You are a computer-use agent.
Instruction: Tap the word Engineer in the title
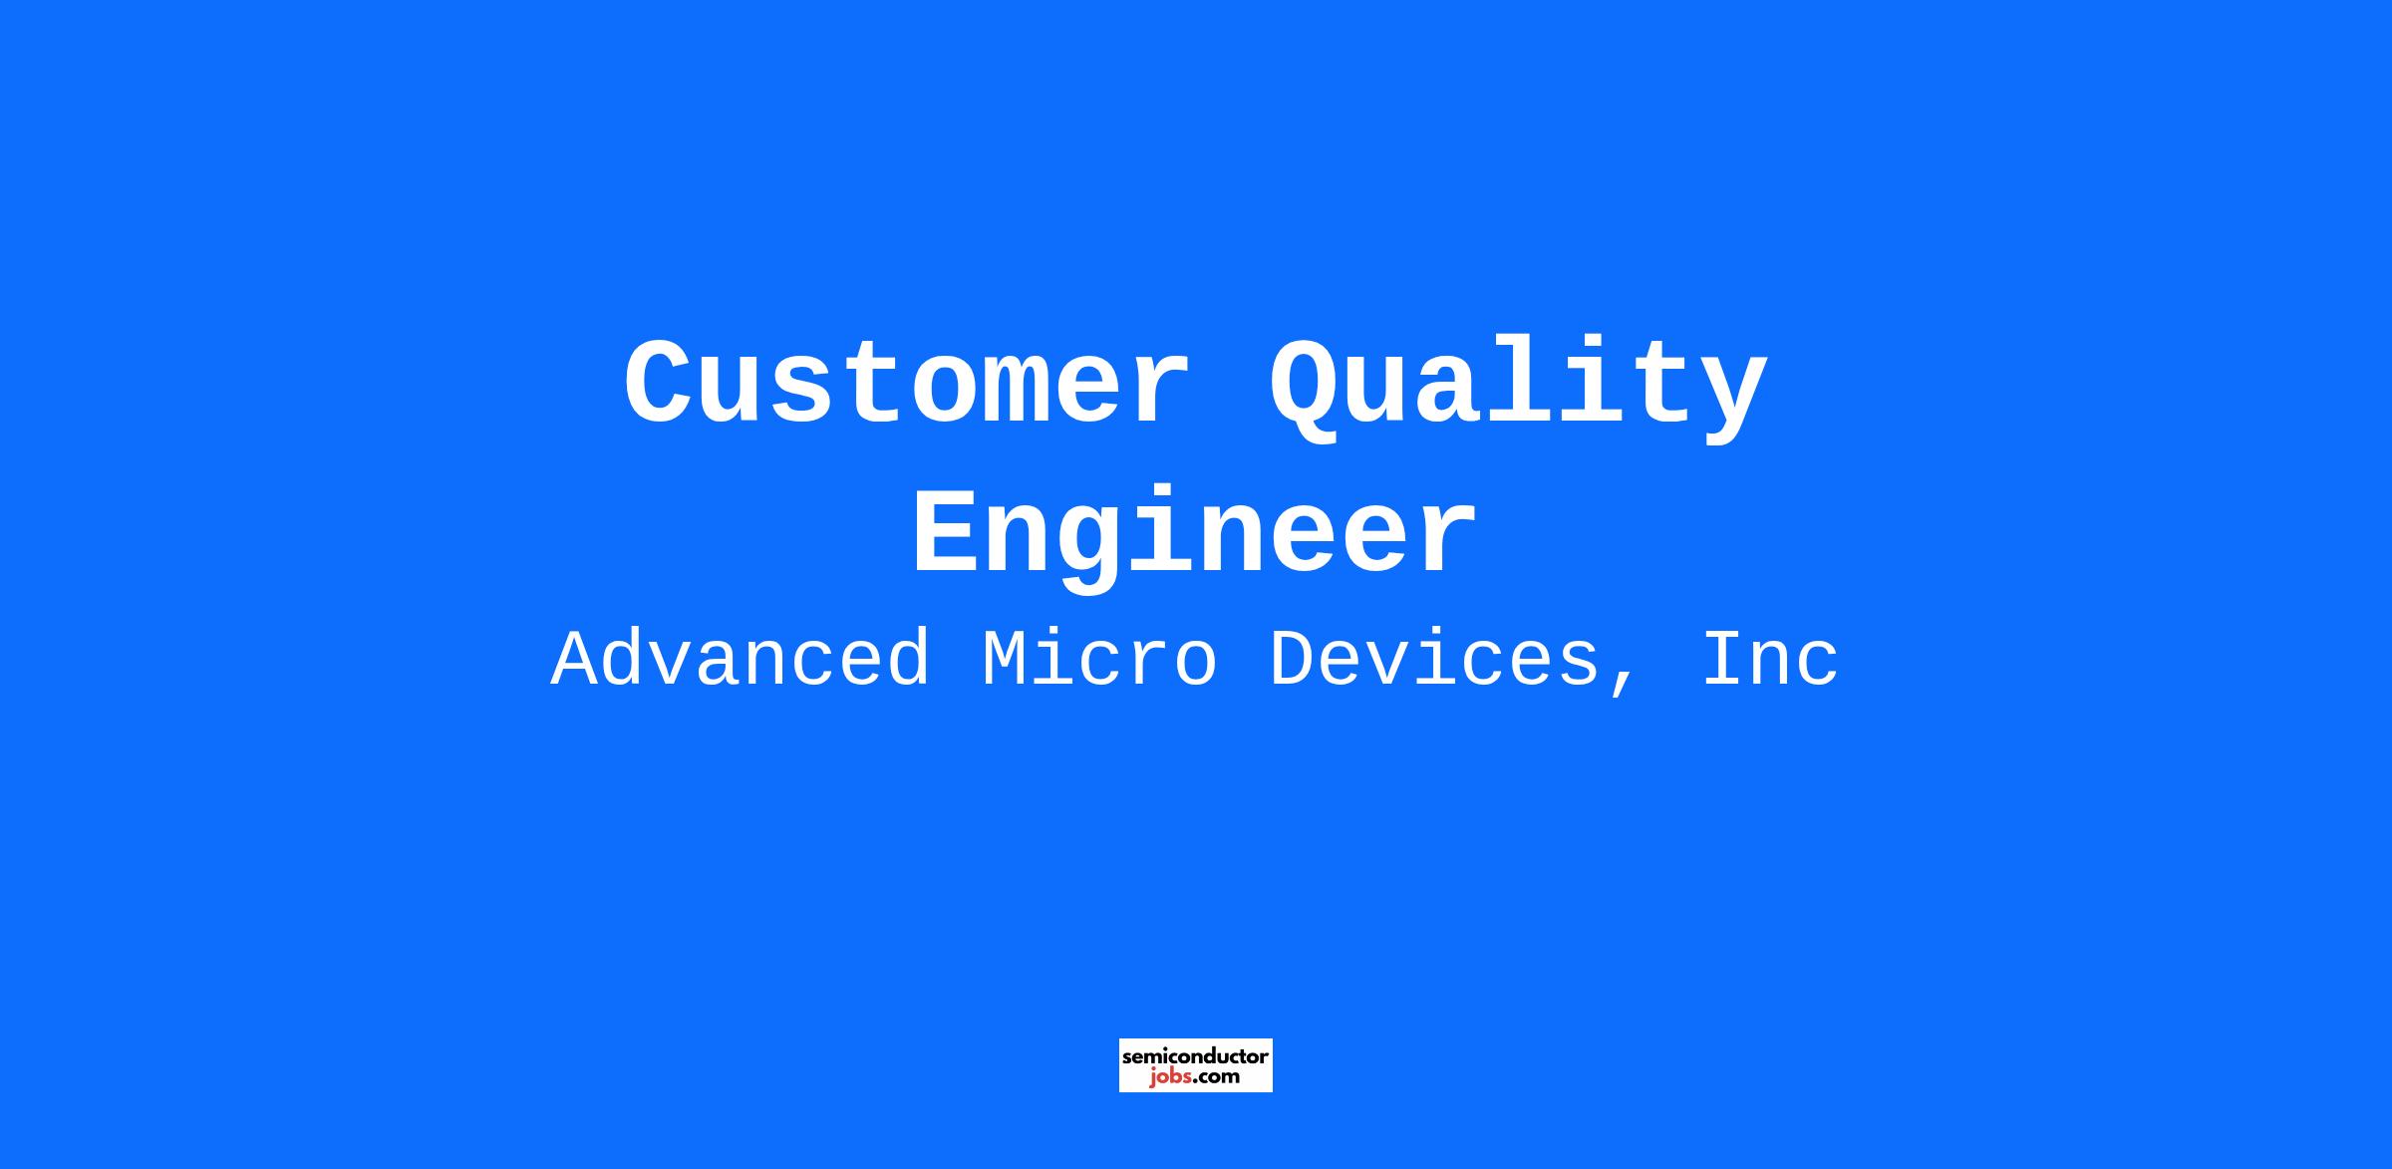point(1195,538)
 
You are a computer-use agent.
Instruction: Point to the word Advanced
point(741,659)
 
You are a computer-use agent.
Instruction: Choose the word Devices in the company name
point(1434,659)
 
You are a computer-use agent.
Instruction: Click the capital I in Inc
point(1727,659)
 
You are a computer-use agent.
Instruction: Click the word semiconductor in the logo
point(1196,1056)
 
